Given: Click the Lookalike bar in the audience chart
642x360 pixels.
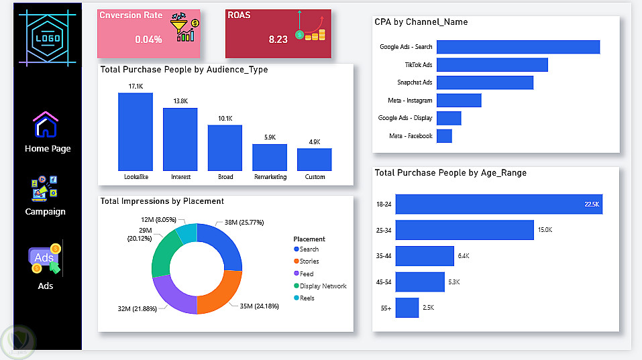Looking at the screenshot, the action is click(x=136, y=131).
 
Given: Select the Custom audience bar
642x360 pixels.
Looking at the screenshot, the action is click(x=315, y=160).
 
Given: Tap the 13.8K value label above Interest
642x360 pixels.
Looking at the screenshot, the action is click(x=180, y=101).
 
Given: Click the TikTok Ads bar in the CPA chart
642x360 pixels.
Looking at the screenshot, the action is click(x=492, y=64).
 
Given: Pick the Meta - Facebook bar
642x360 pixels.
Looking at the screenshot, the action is click(x=444, y=136).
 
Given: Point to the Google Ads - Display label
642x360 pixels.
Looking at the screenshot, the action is click(x=405, y=118).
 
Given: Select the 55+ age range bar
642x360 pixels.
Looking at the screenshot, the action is click(x=407, y=308).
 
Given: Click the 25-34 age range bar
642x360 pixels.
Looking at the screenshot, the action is click(x=465, y=230).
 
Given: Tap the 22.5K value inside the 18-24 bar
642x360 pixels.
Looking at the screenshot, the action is click(x=592, y=204).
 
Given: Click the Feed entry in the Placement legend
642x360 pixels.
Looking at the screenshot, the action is click(x=303, y=274).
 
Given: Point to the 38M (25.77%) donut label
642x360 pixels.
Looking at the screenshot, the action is click(x=244, y=223).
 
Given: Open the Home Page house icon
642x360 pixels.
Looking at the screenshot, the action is click(x=46, y=125).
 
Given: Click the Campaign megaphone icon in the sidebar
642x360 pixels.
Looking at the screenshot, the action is click(x=44, y=188).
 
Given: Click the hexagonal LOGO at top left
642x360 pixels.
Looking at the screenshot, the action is click(x=48, y=38).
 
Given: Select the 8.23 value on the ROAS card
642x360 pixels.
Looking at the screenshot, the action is click(x=278, y=40).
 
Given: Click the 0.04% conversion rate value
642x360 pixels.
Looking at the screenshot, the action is click(x=149, y=40).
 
